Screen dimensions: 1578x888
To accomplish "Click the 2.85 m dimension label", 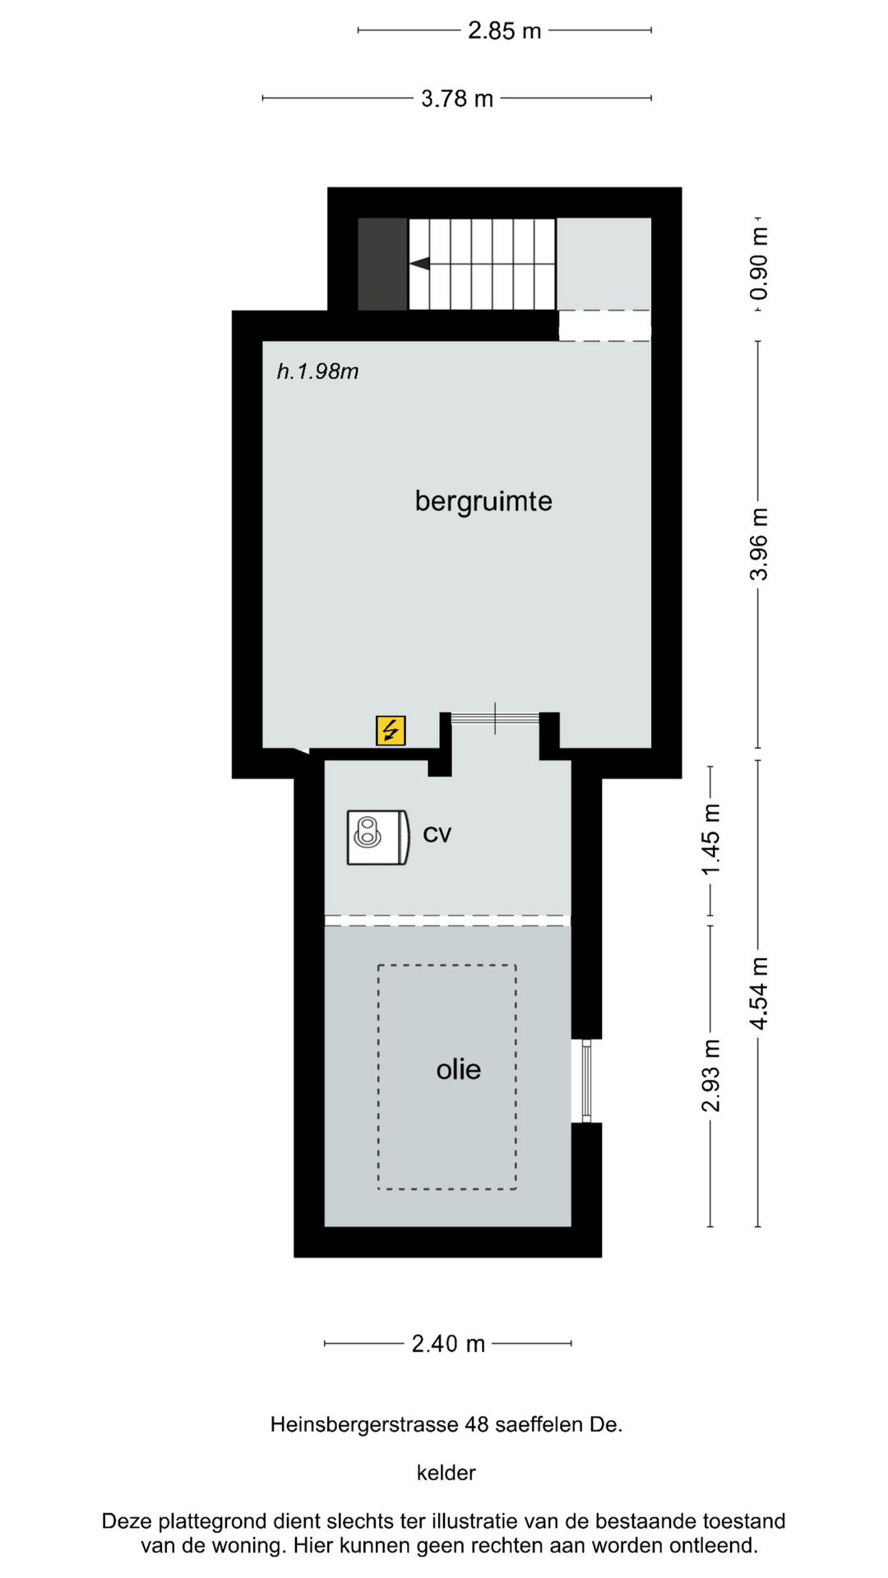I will click(504, 31).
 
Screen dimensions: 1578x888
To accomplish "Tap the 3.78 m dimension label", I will click(457, 99).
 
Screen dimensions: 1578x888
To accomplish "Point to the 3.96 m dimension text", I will click(758, 544).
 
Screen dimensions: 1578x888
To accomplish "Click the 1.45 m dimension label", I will click(710, 839).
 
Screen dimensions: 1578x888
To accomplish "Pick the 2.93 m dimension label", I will click(710, 1076).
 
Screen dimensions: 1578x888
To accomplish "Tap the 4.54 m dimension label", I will click(758, 993).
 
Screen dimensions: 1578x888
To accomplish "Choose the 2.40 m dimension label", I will click(448, 1344).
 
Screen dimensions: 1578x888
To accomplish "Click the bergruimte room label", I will click(483, 501).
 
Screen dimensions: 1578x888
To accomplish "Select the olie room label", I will click(458, 1069).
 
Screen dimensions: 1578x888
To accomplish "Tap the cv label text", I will click(437, 834).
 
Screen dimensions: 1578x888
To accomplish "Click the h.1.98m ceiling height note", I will click(317, 371).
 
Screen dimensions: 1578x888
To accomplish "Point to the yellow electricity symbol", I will click(391, 730).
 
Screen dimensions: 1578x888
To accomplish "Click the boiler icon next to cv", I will click(377, 837).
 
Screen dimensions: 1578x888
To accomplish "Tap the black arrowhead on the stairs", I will click(420, 264).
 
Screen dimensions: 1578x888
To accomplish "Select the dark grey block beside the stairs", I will click(382, 264).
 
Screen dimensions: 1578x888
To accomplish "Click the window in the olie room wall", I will click(586, 1080).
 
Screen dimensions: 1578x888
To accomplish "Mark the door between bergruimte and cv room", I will click(495, 719).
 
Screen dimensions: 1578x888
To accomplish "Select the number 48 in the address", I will click(477, 1424).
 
